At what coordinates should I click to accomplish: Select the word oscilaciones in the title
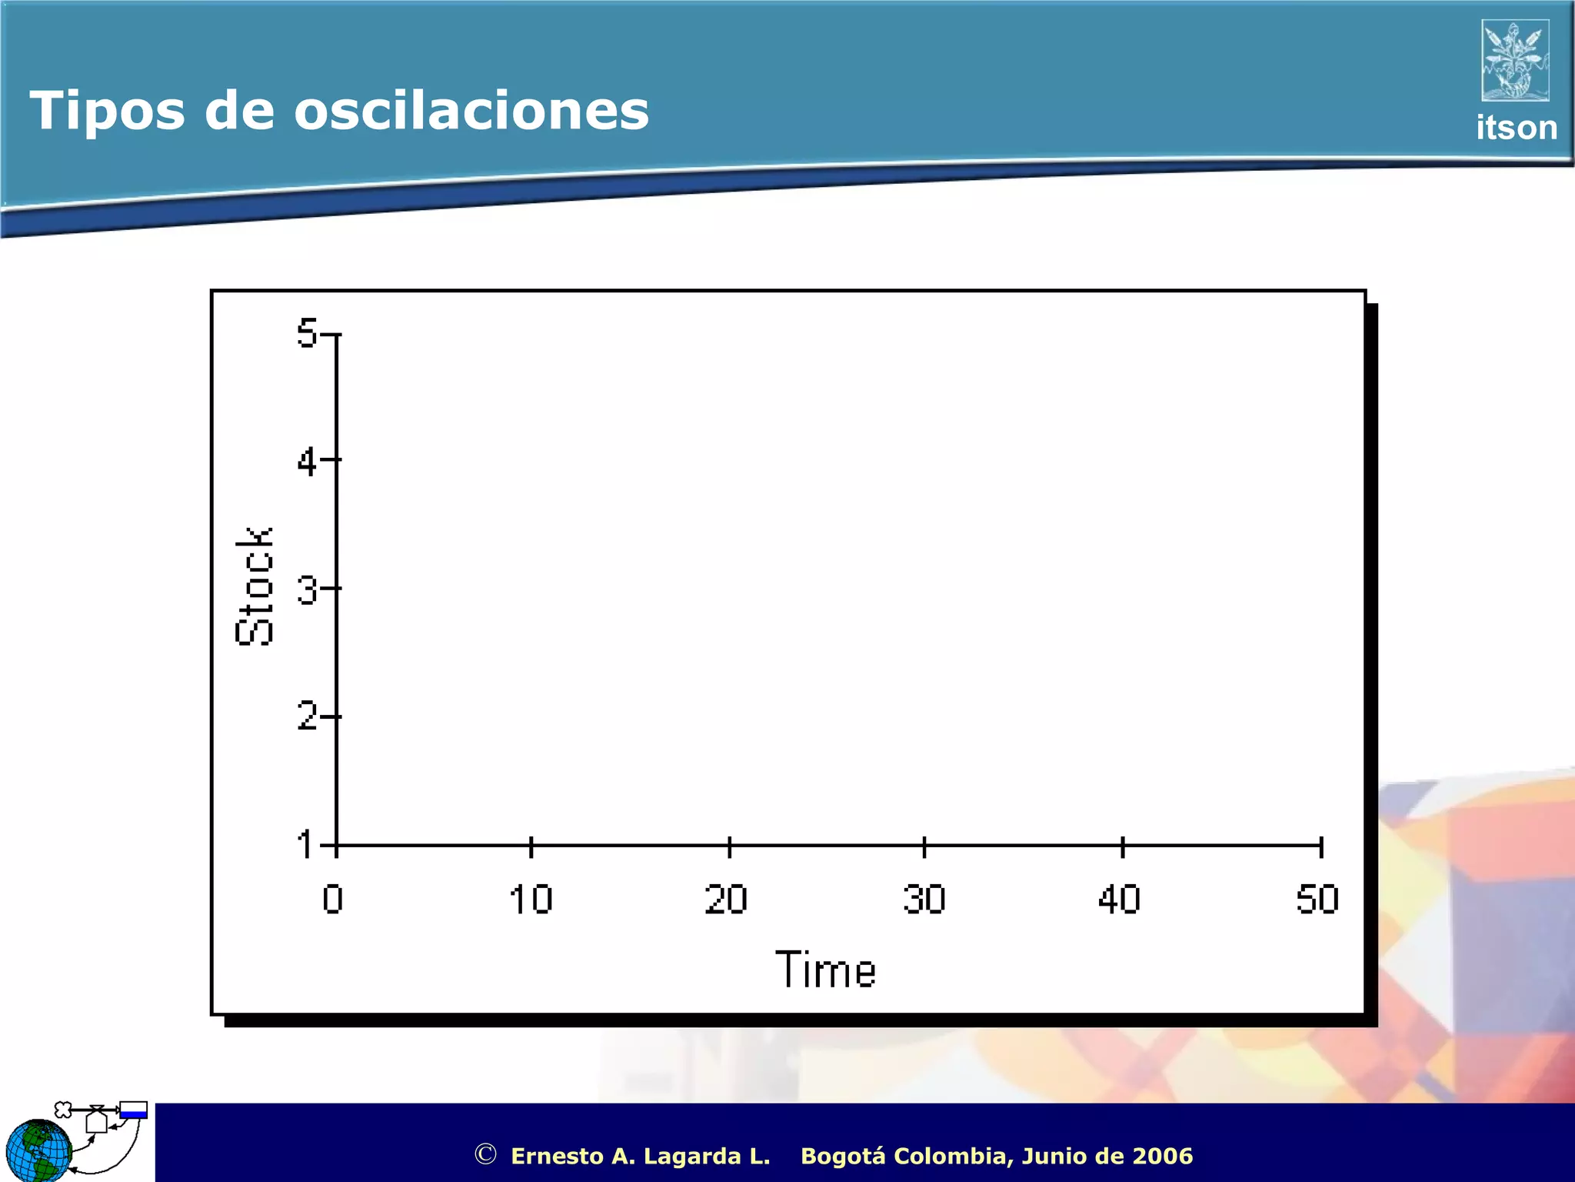(471, 110)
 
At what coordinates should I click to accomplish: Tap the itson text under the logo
(1516, 128)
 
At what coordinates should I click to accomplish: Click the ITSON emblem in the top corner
(1515, 60)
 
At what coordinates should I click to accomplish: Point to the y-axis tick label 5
(307, 333)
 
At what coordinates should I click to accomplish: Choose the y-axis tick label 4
(307, 462)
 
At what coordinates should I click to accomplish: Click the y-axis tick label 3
(307, 590)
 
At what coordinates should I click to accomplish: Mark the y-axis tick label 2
(307, 716)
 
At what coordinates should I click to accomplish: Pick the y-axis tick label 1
(306, 844)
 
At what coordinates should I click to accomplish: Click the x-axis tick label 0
(333, 899)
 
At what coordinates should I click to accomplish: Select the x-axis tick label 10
(531, 899)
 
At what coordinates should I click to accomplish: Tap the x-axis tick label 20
(726, 899)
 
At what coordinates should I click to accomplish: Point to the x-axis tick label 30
(924, 899)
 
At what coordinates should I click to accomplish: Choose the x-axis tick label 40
(1120, 899)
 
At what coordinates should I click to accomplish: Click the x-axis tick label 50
(1317, 899)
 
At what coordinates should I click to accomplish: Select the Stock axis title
(255, 586)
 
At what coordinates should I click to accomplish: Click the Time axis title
(826, 970)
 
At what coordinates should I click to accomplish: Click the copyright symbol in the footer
(485, 1154)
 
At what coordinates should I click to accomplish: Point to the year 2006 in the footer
(1163, 1156)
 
